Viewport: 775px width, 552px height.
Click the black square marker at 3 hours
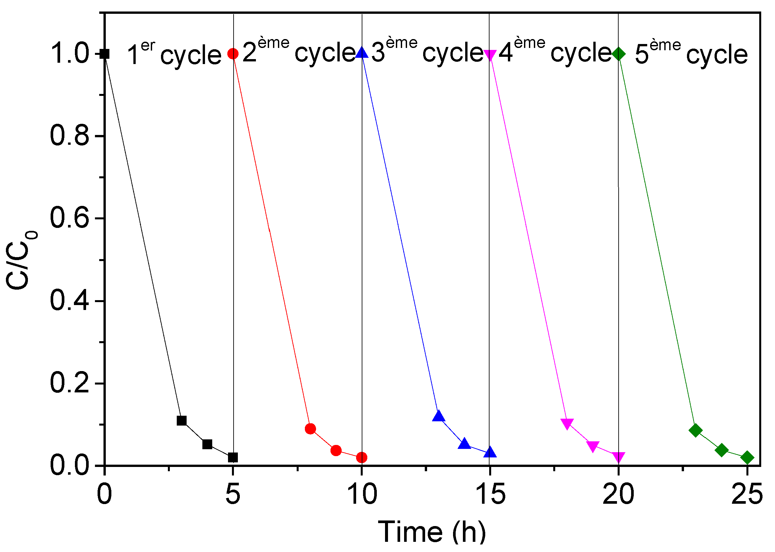[182, 421]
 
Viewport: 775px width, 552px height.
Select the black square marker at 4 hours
[207, 444]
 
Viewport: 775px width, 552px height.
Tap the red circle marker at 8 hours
[310, 429]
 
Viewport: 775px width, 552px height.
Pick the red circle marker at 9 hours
[336, 451]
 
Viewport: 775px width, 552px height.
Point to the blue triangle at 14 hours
[464, 444]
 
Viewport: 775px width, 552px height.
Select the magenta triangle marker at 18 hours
[567, 424]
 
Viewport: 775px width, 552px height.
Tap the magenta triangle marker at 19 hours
[593, 446]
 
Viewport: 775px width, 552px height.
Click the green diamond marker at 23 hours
[695, 430]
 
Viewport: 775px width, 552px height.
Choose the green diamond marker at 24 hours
[721, 450]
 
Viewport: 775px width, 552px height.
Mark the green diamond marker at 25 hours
[747, 457]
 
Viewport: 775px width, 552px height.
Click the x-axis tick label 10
[362, 495]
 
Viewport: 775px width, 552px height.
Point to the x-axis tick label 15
[490, 495]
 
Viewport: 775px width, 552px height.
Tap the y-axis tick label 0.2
[69, 383]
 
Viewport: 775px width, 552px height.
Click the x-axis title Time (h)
[432, 532]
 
